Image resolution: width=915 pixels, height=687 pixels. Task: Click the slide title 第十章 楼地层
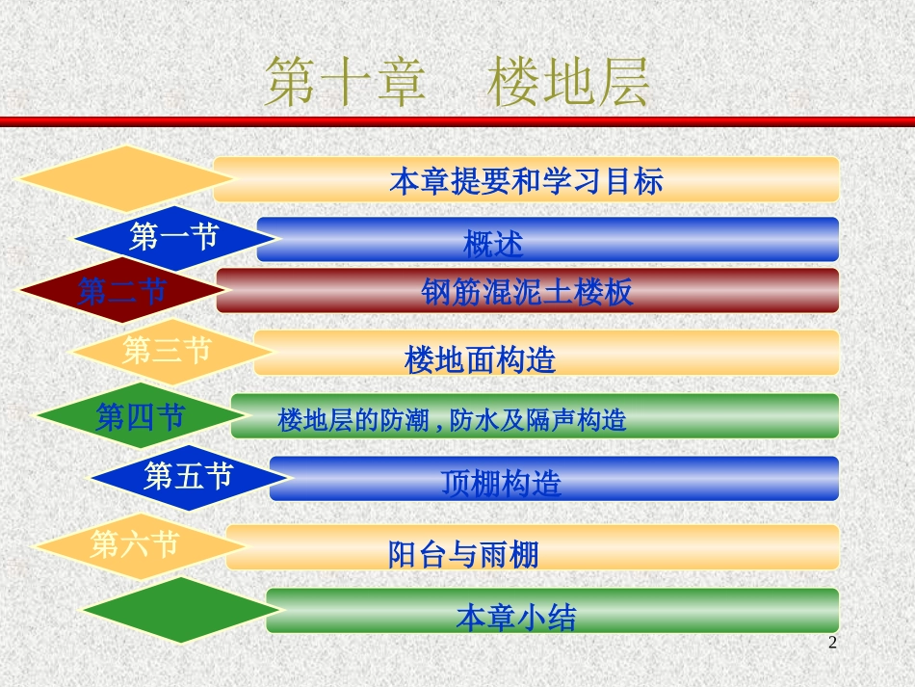click(x=457, y=81)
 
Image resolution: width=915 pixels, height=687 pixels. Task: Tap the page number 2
click(x=833, y=643)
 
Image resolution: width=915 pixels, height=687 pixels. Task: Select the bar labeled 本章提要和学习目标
click(x=526, y=180)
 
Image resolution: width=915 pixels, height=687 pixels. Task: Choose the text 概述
click(x=493, y=245)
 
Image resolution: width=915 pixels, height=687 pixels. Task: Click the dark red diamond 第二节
click(x=121, y=290)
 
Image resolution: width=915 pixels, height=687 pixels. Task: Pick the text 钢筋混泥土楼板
click(x=528, y=292)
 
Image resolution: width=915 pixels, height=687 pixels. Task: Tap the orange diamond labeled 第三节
click(x=167, y=351)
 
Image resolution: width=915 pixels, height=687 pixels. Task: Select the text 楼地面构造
click(x=481, y=360)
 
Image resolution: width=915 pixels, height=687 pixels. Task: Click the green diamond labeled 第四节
click(x=141, y=416)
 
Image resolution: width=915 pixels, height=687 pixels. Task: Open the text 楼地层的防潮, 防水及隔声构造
click(x=452, y=420)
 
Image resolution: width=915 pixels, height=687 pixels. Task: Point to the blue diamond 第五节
click(x=188, y=475)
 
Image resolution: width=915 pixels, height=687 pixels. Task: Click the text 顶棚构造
click(x=501, y=482)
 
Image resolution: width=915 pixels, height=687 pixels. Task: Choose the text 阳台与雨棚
click(x=463, y=554)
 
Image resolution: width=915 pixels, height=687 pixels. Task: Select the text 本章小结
click(x=516, y=617)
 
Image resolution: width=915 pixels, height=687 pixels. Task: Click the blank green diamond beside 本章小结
click(x=181, y=611)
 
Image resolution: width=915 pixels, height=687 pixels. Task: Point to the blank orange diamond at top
click(x=125, y=179)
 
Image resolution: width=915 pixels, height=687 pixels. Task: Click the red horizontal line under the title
click(x=457, y=121)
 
